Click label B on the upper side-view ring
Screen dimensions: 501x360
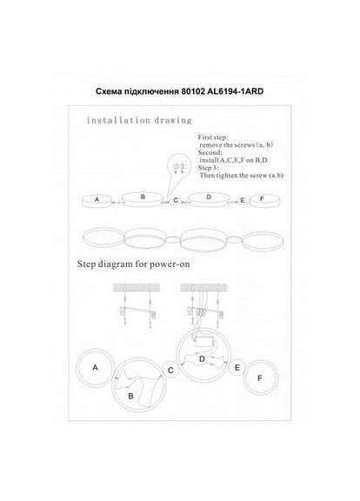coord(143,197)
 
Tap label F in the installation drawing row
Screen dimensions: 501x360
coord(260,199)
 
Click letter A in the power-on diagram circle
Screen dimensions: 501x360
coord(95,368)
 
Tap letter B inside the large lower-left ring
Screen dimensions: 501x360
coord(130,396)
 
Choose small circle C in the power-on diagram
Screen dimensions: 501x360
coord(170,371)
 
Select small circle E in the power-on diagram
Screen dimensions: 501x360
coord(237,368)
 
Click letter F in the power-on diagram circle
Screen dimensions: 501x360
coord(258,379)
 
